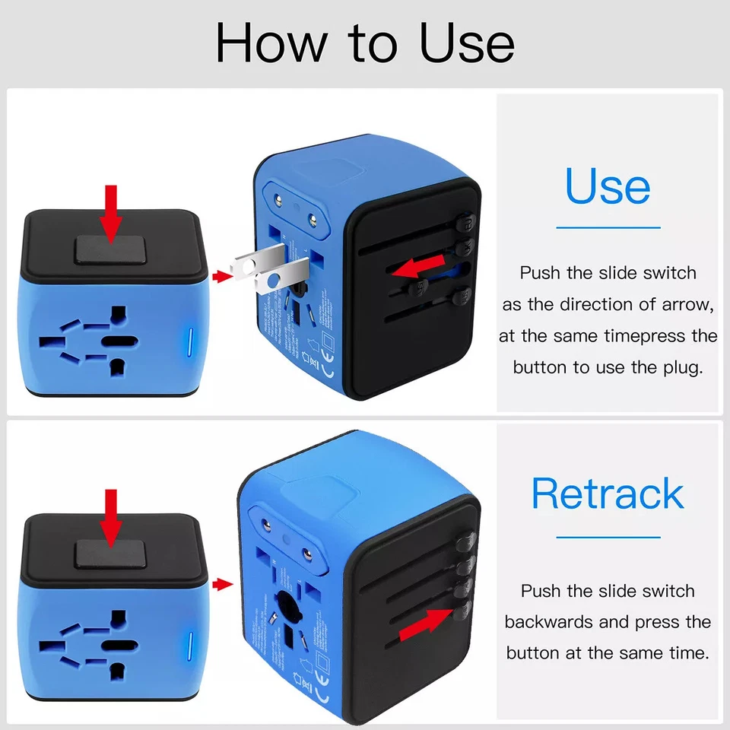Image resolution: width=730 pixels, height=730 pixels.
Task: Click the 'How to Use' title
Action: [x=365, y=43]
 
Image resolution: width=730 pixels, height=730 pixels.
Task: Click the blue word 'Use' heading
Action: [x=608, y=187]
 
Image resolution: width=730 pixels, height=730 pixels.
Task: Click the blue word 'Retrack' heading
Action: [x=608, y=494]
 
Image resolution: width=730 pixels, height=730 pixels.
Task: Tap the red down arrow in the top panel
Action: [x=112, y=214]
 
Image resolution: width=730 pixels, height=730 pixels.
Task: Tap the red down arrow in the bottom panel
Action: [x=112, y=518]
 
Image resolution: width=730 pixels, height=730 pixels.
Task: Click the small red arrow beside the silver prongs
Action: [x=221, y=277]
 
